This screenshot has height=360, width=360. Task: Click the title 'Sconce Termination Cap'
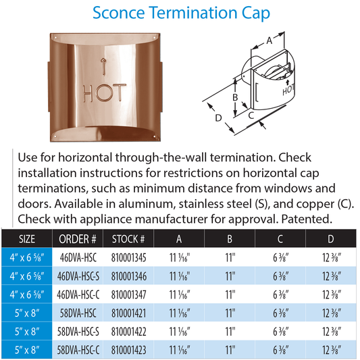pyautogui.click(x=180, y=13)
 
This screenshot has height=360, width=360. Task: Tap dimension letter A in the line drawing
pyautogui.click(x=269, y=41)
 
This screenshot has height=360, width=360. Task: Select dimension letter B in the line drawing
pyautogui.click(x=234, y=96)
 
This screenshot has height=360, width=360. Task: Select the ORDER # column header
pyautogui.click(x=76, y=238)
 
